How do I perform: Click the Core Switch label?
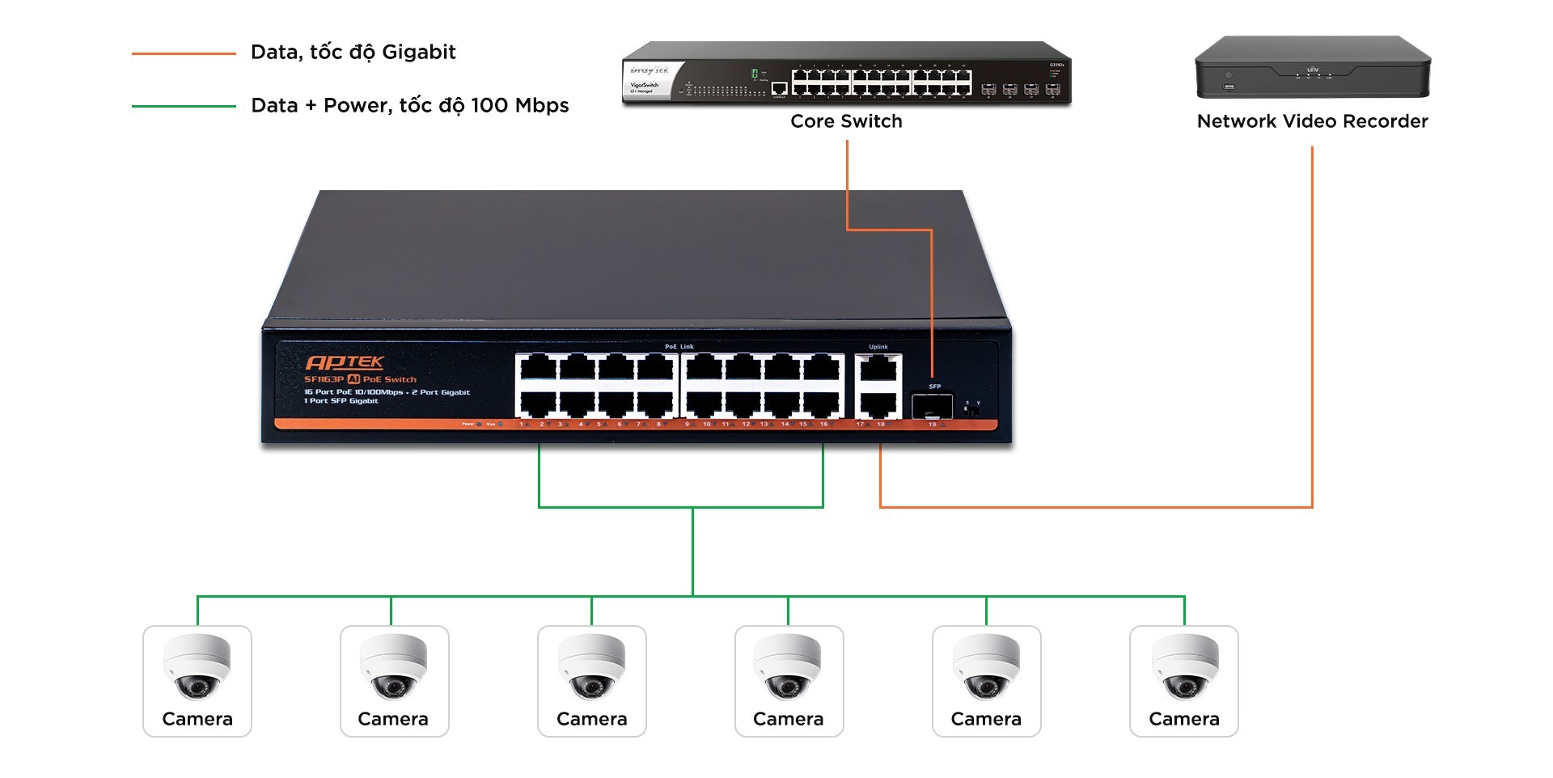pos(846,121)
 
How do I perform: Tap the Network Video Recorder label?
pos(1312,121)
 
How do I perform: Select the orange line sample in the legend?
pos(184,53)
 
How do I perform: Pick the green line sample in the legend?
pos(184,106)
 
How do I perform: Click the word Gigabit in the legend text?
pos(418,53)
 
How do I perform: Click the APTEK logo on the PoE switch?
pos(345,362)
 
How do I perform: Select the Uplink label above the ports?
pos(878,347)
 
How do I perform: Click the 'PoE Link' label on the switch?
pos(679,347)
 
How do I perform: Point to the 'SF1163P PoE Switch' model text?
pos(360,379)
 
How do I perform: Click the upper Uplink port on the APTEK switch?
pos(878,369)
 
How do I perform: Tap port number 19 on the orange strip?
pos(933,425)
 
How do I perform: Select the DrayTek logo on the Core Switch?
pos(649,71)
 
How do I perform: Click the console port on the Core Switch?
pos(779,88)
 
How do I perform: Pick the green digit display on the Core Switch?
pos(755,74)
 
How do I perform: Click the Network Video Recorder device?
pos(1312,68)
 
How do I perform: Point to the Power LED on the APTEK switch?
pos(479,424)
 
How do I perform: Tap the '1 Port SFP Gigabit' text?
pos(341,401)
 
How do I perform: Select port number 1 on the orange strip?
pos(522,424)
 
